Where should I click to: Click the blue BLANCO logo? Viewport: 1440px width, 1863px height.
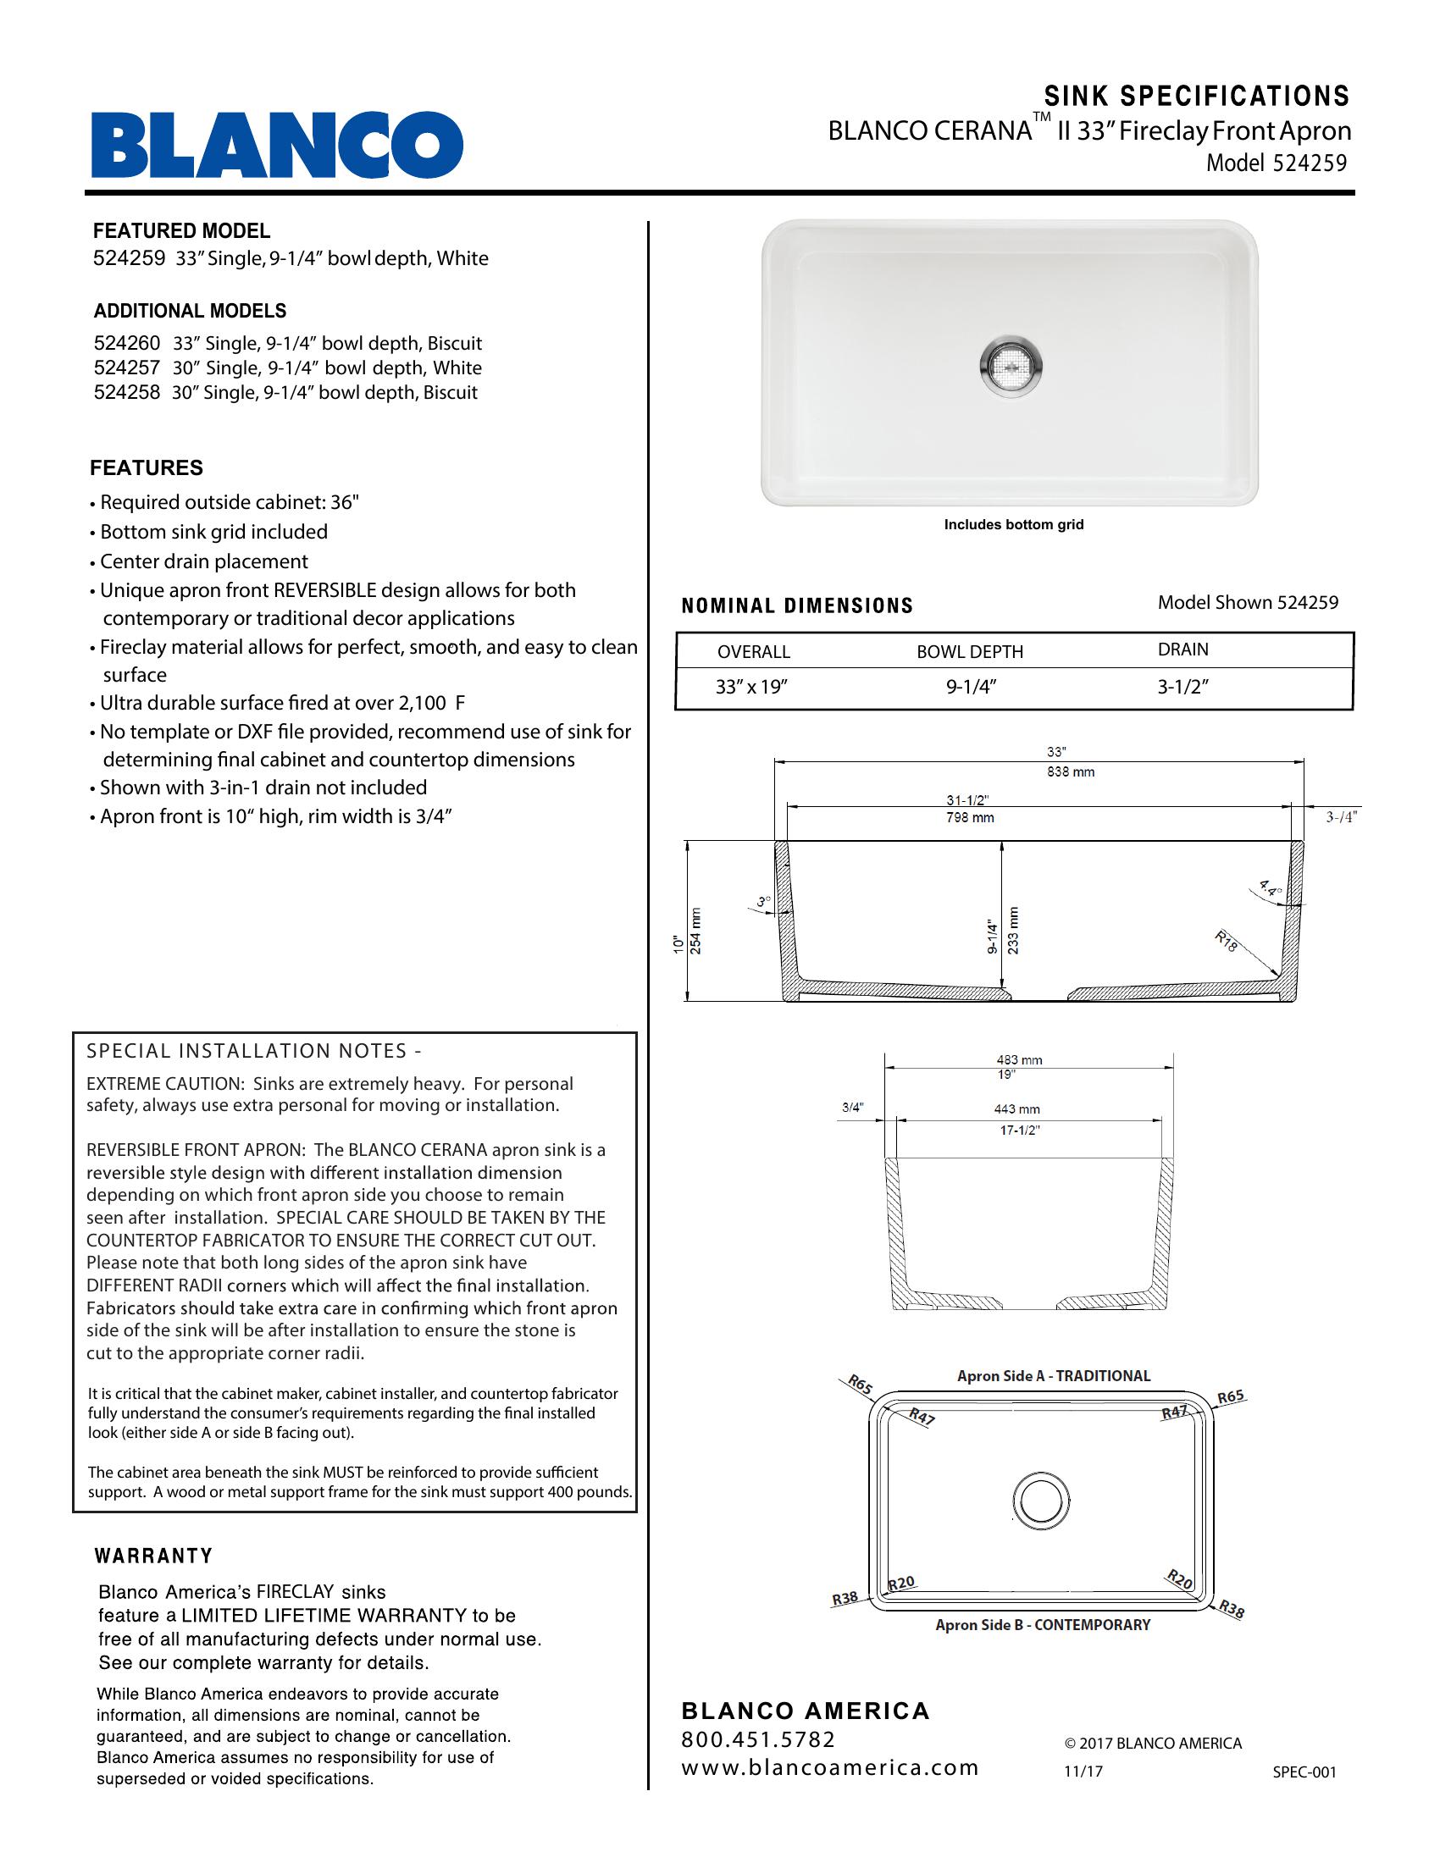pyautogui.click(x=277, y=144)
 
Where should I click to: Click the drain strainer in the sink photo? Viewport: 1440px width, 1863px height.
pyautogui.click(x=1011, y=366)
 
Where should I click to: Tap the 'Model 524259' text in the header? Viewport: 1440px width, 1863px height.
pyautogui.click(x=1277, y=163)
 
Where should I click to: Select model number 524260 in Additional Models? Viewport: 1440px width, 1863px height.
pyautogui.click(x=126, y=344)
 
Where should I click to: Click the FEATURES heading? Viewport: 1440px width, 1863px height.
pyautogui.click(x=147, y=467)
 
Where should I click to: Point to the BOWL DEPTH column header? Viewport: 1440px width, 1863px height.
pyautogui.click(x=970, y=652)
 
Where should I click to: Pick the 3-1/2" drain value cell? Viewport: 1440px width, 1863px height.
pyautogui.click(x=1182, y=687)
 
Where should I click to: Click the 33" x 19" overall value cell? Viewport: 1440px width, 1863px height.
pyautogui.click(x=750, y=687)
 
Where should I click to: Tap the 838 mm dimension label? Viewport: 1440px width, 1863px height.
pyautogui.click(x=1071, y=772)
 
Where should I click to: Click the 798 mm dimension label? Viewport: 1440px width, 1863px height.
pyautogui.click(x=971, y=817)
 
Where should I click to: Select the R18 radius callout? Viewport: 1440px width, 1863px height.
pyautogui.click(x=1227, y=943)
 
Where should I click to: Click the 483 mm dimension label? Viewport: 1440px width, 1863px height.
pyautogui.click(x=1019, y=1060)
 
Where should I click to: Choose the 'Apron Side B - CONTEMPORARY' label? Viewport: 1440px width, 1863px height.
pyautogui.click(x=1043, y=1625)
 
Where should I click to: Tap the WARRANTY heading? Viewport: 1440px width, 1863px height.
pyautogui.click(x=153, y=1556)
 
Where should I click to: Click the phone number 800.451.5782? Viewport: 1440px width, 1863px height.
pyautogui.click(x=758, y=1739)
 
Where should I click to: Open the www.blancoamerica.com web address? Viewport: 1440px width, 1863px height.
pyautogui.click(x=829, y=1767)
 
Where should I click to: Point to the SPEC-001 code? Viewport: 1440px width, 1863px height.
pyautogui.click(x=1304, y=1772)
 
